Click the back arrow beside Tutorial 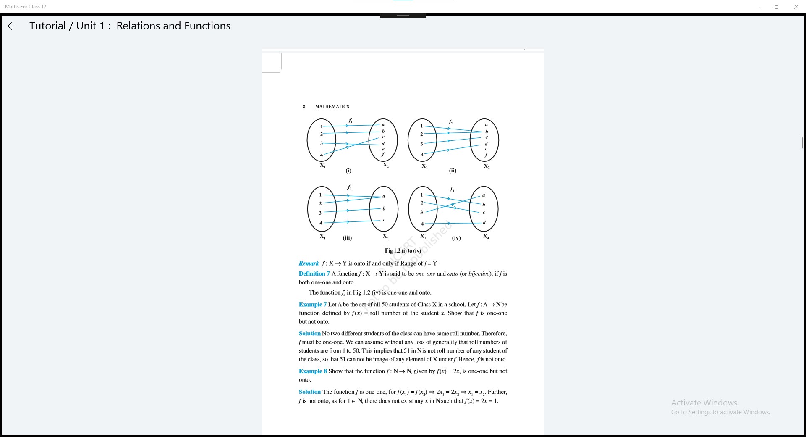tap(12, 26)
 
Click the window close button tap(796, 7)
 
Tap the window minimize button tap(757, 7)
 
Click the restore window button tap(777, 7)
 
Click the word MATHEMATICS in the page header tap(332, 107)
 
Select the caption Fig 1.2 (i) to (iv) tap(403, 251)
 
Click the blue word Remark tap(309, 263)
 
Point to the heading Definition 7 tap(314, 274)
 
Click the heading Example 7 tap(312, 305)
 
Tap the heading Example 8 tap(312, 371)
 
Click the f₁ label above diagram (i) tap(350, 121)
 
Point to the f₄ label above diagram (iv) tap(452, 190)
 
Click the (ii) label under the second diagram tap(453, 171)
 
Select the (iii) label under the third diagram tap(347, 238)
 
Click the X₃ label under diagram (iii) tap(385, 237)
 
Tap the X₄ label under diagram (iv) tap(486, 237)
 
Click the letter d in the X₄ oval tap(484, 223)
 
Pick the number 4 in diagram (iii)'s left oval tap(321, 223)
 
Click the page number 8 tap(304, 107)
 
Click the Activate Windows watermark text tap(704, 403)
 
